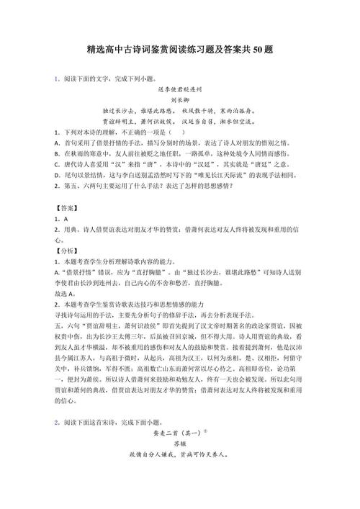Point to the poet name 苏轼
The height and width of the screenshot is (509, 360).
tap(180, 475)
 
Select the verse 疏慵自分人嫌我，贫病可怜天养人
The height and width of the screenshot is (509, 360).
tap(180, 486)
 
